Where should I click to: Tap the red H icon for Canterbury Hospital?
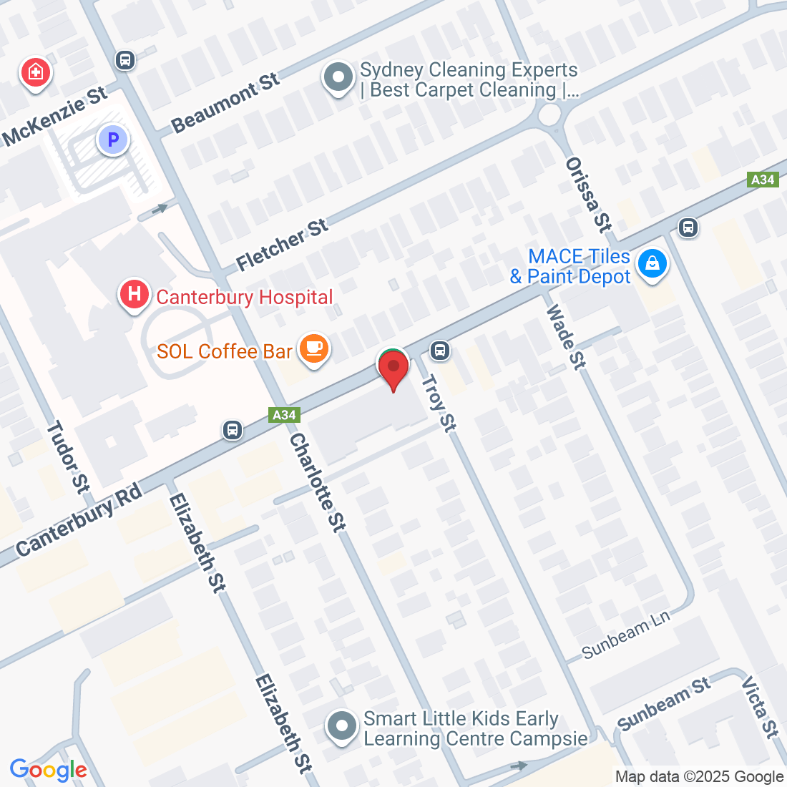(134, 294)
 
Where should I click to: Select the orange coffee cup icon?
(313, 348)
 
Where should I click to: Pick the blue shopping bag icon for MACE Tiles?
(652, 264)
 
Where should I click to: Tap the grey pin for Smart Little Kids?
(342, 726)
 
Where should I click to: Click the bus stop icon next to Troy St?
(440, 351)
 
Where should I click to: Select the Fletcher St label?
(282, 245)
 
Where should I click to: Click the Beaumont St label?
(225, 103)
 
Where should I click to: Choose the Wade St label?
(566, 337)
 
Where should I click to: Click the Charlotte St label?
(318, 483)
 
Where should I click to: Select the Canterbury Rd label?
(78, 519)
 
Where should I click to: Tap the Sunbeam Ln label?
(625, 635)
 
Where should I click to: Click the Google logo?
(48, 770)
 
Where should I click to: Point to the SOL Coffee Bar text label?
(225, 351)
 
